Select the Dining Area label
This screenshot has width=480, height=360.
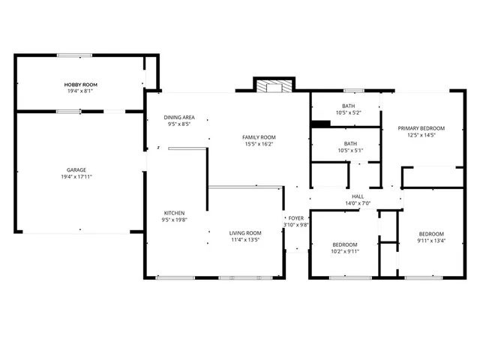pos(179,117)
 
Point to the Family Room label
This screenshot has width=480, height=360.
pos(259,137)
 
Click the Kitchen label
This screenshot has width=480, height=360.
pos(174,213)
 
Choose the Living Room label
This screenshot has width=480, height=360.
pos(245,232)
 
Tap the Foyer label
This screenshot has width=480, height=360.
pos(296,217)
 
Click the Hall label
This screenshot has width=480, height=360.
pos(358,196)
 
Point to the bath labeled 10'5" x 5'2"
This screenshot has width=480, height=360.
pos(349,109)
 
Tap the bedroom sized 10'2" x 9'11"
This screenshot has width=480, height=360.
pos(345,248)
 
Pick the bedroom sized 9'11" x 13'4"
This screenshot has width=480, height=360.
pos(431,237)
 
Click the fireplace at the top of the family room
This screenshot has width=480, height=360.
pos(273,86)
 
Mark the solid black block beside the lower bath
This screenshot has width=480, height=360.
pos(320,124)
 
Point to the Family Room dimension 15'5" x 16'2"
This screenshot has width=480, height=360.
pos(259,145)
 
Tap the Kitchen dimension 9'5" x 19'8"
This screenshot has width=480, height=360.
pos(174,220)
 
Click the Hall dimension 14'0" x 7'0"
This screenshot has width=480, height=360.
pos(358,203)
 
